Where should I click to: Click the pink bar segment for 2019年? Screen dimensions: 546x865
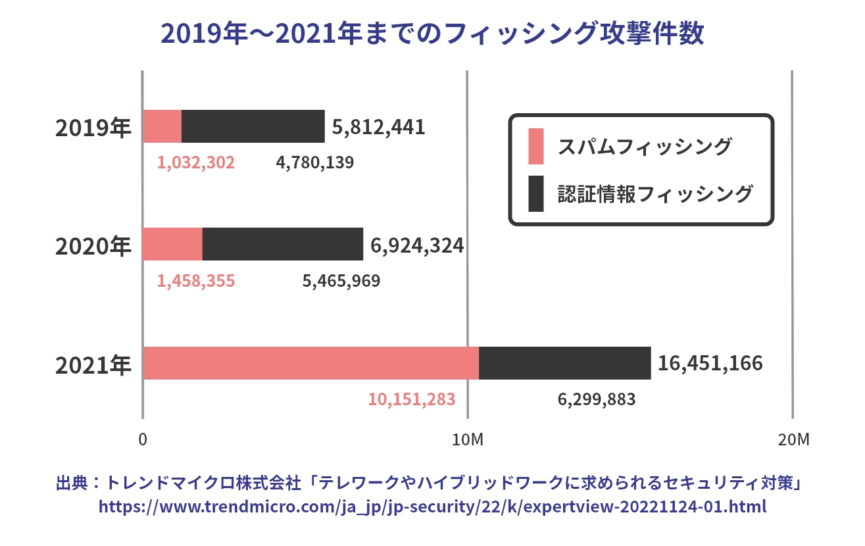click(x=162, y=126)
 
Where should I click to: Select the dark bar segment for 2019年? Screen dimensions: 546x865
click(x=253, y=126)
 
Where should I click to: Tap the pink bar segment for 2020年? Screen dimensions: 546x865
click(x=173, y=244)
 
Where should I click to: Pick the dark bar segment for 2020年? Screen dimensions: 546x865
click(x=283, y=244)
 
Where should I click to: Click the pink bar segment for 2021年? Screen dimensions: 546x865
click(x=311, y=363)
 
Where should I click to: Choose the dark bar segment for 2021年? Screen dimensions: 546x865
click(x=565, y=363)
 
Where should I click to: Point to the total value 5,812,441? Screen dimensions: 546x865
click(x=378, y=127)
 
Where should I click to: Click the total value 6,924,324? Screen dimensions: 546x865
click(x=417, y=245)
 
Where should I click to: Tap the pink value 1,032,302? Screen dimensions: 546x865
click(x=196, y=162)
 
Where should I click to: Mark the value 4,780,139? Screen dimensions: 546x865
click(x=314, y=162)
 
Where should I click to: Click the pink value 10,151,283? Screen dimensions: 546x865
click(x=412, y=399)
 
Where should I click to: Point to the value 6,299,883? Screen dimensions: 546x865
click(x=597, y=399)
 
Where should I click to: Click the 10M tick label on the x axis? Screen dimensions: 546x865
click(x=467, y=440)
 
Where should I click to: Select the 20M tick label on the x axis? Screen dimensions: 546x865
click(x=792, y=440)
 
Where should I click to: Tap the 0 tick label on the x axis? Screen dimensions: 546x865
click(x=143, y=440)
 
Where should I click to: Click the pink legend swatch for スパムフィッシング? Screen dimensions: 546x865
click(x=536, y=146)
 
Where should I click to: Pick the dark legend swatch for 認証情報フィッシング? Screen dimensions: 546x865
click(x=536, y=194)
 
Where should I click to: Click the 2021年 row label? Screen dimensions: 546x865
click(x=93, y=365)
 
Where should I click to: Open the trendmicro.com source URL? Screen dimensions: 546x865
click(x=432, y=507)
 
